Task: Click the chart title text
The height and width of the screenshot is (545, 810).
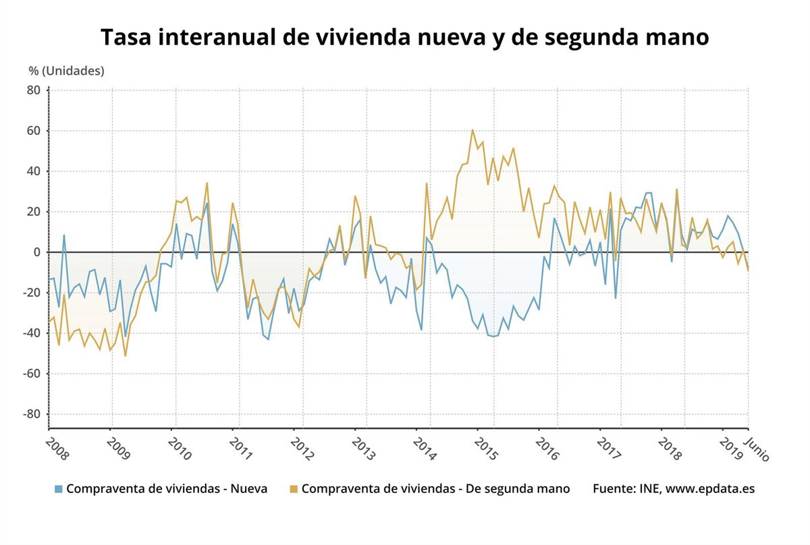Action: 405,37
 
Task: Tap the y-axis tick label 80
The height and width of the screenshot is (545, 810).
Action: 34,90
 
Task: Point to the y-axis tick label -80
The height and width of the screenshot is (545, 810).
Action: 31,414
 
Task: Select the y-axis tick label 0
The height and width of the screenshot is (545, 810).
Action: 38,252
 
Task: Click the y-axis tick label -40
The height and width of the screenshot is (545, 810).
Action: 31,333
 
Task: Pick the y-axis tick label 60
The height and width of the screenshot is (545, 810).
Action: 34,131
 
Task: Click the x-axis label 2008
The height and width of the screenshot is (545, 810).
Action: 57,447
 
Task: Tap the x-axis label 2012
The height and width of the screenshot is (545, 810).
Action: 302,447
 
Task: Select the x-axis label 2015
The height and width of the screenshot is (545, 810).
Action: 485,447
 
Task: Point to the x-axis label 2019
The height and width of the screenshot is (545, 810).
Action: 731,447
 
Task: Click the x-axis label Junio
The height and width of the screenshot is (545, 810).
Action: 757,447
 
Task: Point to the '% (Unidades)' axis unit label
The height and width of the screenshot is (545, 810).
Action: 66,70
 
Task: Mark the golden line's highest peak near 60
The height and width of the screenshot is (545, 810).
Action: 473,130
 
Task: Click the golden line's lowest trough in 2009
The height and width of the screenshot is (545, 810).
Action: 125,355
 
